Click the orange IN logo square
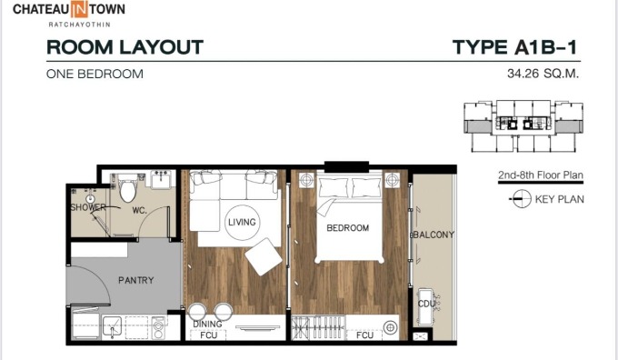[x=79, y=9]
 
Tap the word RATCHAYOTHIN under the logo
[x=79, y=25]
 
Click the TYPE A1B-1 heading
[x=514, y=47]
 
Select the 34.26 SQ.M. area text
[x=543, y=74]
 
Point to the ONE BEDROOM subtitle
[x=95, y=75]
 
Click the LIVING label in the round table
[x=242, y=223]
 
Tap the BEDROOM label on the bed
[x=347, y=228]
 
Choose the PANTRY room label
[x=136, y=280]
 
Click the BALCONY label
[x=434, y=235]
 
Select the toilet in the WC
[x=128, y=189]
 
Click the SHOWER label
[x=88, y=207]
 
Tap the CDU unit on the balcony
[x=426, y=306]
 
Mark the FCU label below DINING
[x=208, y=335]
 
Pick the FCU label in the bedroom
[x=364, y=335]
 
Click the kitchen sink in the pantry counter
[x=112, y=326]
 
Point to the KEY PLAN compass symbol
[x=521, y=199]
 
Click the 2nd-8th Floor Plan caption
[x=541, y=175]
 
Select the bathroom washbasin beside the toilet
[x=161, y=180]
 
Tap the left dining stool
[x=196, y=312]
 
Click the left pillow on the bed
[x=334, y=187]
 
